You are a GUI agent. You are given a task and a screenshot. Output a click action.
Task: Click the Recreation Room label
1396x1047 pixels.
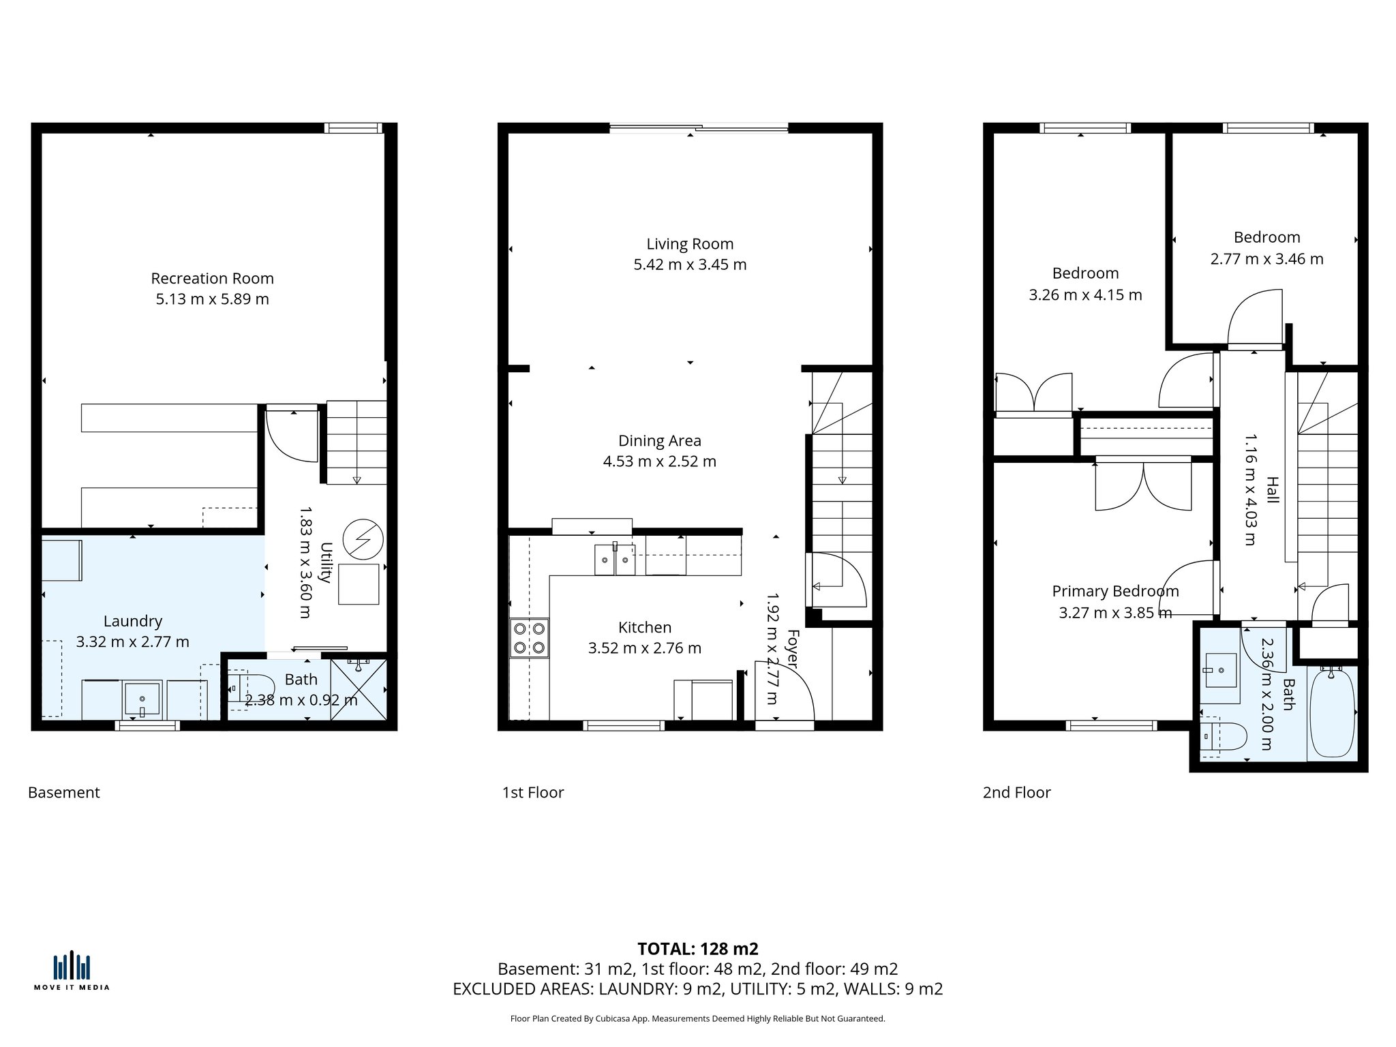pyautogui.click(x=212, y=278)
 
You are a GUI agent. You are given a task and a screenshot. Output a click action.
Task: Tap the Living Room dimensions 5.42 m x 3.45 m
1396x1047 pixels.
pyautogui.click(x=690, y=264)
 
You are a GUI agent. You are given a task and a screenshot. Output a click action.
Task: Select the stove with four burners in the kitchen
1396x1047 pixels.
pyautogui.click(x=529, y=638)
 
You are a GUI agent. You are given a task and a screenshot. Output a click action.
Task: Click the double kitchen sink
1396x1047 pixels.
pyautogui.click(x=615, y=560)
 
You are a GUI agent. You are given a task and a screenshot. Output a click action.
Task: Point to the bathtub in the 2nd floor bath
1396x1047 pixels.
pyautogui.click(x=1332, y=713)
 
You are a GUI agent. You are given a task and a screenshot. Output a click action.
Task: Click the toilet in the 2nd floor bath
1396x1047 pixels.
pyautogui.click(x=1224, y=737)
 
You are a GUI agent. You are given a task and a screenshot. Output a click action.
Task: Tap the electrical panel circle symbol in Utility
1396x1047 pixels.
pyautogui.click(x=363, y=539)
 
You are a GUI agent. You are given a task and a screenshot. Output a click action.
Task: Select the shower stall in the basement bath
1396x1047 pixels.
pyautogui.click(x=359, y=688)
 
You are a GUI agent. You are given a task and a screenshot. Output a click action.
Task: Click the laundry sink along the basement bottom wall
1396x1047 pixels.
pyautogui.click(x=142, y=699)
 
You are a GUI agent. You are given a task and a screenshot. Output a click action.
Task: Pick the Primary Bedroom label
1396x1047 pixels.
pyautogui.click(x=1115, y=591)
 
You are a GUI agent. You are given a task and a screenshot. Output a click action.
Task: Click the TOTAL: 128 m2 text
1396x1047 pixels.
pyautogui.click(x=697, y=949)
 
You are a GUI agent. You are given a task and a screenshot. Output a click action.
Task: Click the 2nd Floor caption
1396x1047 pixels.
pyautogui.click(x=1016, y=792)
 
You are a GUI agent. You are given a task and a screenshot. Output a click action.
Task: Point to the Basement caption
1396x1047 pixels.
pyautogui.click(x=64, y=792)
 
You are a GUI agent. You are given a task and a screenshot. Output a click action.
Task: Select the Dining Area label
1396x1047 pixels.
pyautogui.click(x=659, y=440)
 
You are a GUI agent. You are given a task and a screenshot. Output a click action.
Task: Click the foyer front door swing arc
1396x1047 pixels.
pyautogui.click(x=791, y=688)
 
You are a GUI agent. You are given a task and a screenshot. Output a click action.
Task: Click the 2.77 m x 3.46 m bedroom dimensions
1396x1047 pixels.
pyautogui.click(x=1266, y=259)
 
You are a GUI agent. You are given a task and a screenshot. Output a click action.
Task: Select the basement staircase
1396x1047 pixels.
pyautogui.click(x=356, y=442)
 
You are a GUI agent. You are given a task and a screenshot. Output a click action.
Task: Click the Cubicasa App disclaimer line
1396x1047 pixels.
pyautogui.click(x=697, y=1018)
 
